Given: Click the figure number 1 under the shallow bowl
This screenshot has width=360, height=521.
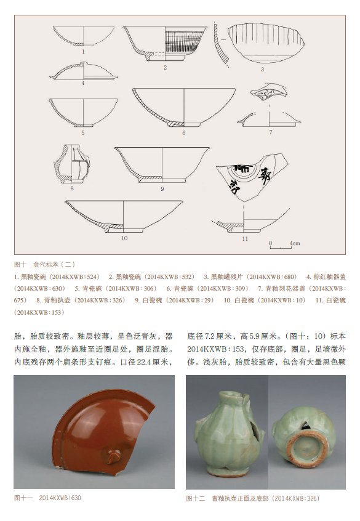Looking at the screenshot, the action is tap(83, 52).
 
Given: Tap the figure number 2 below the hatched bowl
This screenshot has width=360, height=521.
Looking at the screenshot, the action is tap(165, 68).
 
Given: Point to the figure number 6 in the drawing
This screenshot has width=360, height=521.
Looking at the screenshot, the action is tap(183, 133).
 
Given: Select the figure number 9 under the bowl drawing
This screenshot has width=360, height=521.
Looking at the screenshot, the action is tap(162, 188).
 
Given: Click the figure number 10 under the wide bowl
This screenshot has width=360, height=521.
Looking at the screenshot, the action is tap(124, 238).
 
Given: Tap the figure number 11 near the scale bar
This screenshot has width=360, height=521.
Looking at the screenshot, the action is tap(245, 238).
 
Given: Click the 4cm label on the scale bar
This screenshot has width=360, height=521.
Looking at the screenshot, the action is tap(295, 243).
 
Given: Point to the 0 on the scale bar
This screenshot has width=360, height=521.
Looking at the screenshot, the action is tap(270, 243).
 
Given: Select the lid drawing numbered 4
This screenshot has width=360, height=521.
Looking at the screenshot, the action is tap(83, 71).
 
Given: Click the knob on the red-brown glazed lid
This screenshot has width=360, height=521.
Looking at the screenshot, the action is tap(112, 456).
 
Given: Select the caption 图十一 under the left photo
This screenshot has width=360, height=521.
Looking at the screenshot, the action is tap(23, 498).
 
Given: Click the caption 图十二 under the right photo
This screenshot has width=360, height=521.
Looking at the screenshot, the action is tap(195, 498).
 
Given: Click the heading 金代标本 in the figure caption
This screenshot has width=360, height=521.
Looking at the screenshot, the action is tap(46, 264).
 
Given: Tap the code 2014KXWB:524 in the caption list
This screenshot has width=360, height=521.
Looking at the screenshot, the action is tap(78, 277).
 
